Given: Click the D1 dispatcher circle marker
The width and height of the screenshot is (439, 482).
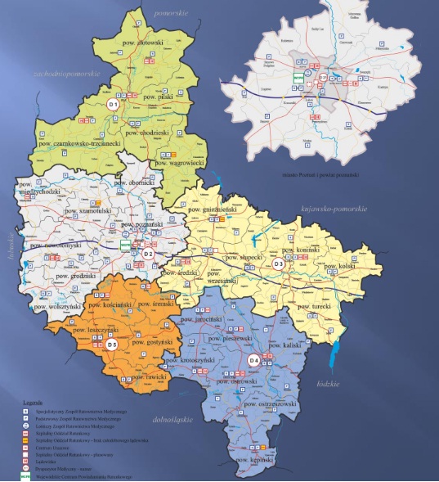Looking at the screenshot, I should point(114,105).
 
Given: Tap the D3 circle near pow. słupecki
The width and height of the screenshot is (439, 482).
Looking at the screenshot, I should point(279,263).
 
